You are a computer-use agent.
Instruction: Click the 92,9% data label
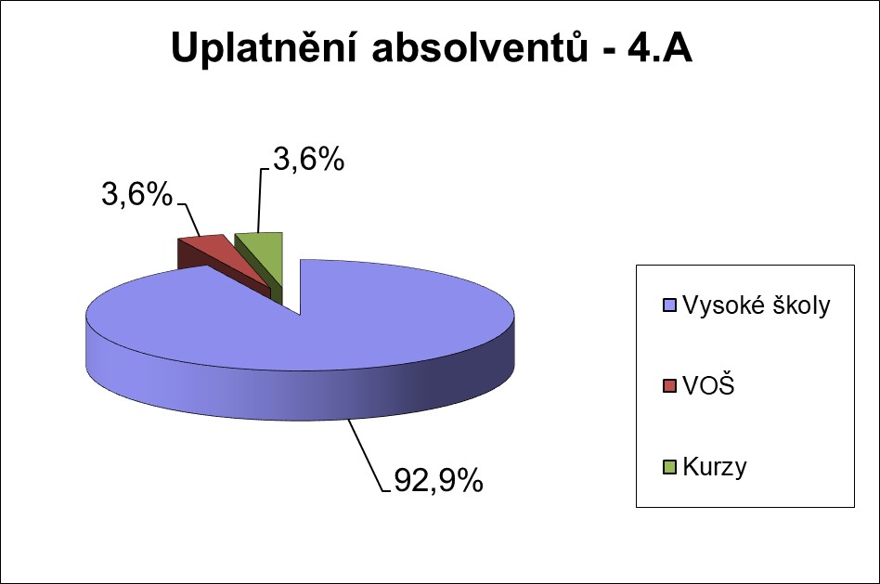coord(435,481)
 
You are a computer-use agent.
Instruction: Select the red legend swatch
coord(667,386)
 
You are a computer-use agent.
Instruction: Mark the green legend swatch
coord(667,467)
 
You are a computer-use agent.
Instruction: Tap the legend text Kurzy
coord(714,467)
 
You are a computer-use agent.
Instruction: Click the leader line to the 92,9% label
coord(366,455)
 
